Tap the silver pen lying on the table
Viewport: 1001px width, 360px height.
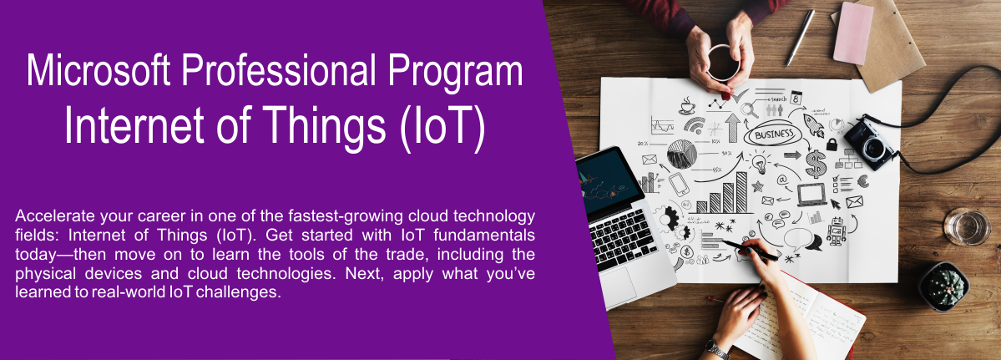coord(801,38)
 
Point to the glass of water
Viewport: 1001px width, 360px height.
coord(967,226)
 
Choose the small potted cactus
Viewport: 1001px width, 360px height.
coord(944,286)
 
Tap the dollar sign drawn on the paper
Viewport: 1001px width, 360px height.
coord(815,164)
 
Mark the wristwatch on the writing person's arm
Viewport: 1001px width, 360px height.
coord(717,348)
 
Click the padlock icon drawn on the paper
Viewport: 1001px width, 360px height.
coord(832,145)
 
